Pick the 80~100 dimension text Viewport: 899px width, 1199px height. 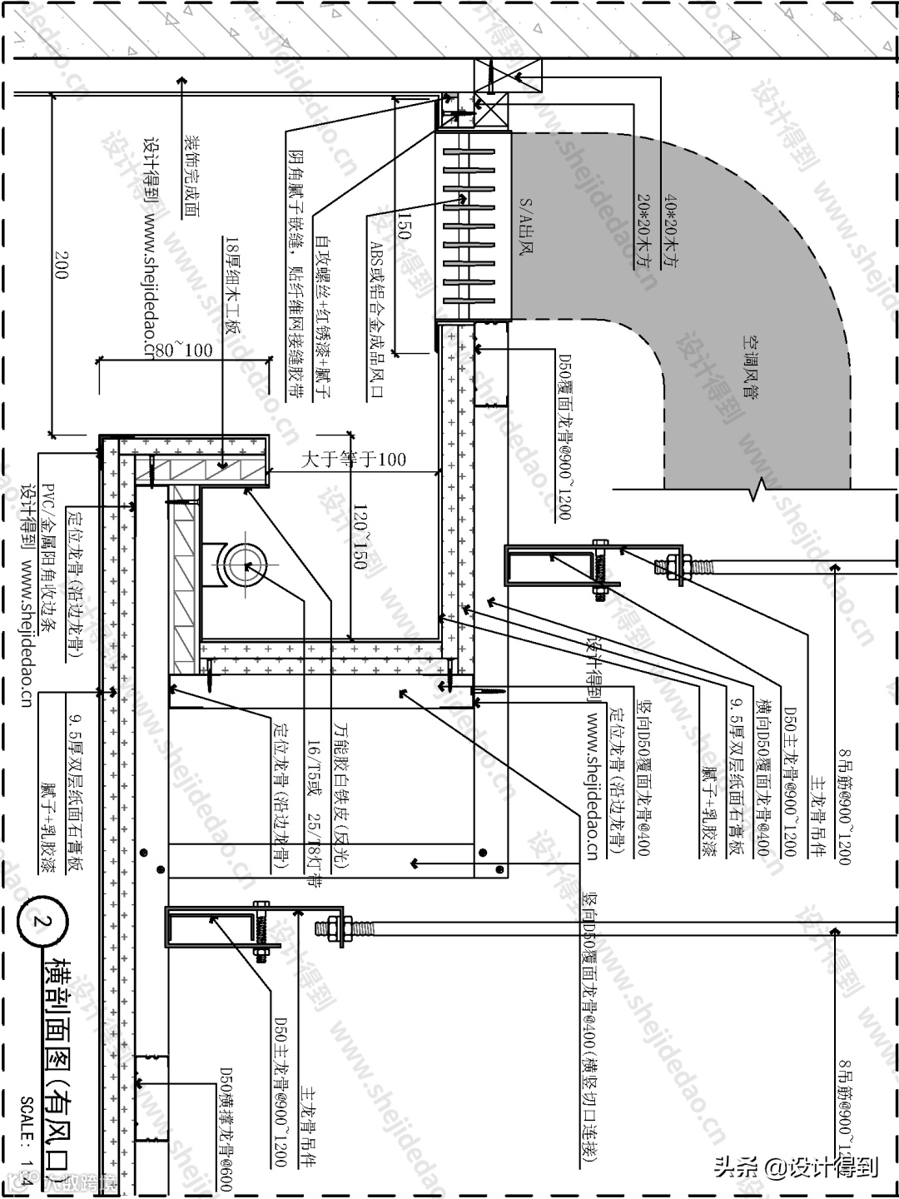pyautogui.click(x=182, y=349)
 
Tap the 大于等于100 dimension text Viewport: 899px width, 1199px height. pyautogui.click(x=353, y=459)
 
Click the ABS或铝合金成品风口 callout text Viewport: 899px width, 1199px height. pyautogui.click(x=376, y=320)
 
